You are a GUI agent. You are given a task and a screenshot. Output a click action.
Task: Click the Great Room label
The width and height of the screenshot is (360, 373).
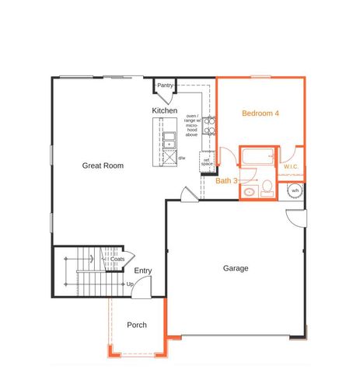click(103, 165)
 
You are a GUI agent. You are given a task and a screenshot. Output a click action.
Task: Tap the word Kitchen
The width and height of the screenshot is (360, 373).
click(164, 111)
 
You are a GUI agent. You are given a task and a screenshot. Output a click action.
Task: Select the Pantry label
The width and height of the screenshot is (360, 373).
click(166, 85)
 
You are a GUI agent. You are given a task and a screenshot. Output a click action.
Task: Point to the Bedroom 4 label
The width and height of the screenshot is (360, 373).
click(260, 113)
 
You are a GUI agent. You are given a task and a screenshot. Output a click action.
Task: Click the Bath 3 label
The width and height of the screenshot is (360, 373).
click(227, 180)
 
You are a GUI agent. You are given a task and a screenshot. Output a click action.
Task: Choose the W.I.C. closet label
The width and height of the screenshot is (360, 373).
click(292, 166)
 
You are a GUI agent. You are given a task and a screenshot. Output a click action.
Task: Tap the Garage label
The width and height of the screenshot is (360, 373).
click(236, 268)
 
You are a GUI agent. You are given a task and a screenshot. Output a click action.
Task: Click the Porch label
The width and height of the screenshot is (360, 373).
click(137, 325)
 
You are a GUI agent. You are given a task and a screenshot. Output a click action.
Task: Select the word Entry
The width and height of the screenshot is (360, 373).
click(142, 270)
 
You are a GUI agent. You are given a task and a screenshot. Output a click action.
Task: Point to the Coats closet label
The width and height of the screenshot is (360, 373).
click(117, 259)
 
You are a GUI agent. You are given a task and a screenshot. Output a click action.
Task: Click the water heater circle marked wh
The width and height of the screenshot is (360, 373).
click(295, 190)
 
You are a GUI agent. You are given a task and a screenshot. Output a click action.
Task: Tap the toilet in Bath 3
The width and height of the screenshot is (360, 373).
click(266, 186)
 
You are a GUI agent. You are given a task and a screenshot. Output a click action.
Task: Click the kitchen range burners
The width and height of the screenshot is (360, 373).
click(208, 126)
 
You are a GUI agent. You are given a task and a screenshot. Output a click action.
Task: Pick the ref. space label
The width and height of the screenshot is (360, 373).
click(207, 162)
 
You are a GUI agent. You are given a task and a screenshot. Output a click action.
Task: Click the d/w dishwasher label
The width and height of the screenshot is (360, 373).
click(181, 158)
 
